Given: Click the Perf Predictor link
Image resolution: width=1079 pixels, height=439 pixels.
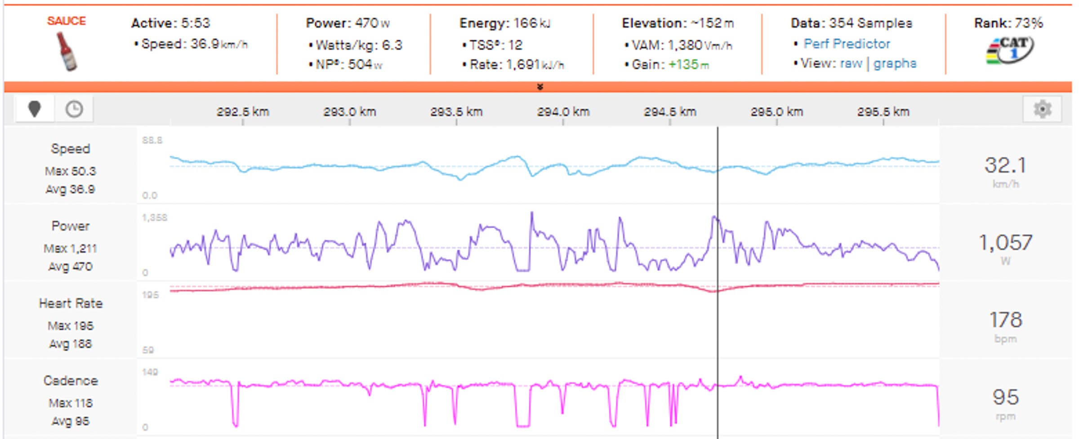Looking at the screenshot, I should [x=847, y=44].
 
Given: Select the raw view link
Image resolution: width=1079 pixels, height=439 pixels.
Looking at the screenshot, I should [x=851, y=64].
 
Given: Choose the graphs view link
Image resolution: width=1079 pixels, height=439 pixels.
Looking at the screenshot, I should [x=895, y=64].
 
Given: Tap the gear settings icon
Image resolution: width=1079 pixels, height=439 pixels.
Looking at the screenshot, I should [x=1042, y=109].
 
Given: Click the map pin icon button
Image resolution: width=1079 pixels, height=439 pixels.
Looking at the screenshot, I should [x=35, y=109].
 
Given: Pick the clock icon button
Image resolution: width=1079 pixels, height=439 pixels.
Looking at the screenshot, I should [x=74, y=109].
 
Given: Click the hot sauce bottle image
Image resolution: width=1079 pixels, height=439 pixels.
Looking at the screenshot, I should [x=67, y=52].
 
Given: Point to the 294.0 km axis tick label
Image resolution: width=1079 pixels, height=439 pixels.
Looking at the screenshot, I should [x=563, y=112].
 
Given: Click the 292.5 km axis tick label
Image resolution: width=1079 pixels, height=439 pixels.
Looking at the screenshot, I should [x=243, y=112].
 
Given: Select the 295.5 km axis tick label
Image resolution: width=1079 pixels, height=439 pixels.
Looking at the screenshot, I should [x=883, y=112].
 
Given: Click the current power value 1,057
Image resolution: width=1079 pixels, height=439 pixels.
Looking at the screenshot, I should [x=1005, y=243].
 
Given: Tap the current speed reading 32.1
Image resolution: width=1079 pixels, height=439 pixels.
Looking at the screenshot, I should [x=1005, y=165].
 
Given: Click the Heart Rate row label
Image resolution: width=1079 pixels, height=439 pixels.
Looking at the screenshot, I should [x=71, y=304].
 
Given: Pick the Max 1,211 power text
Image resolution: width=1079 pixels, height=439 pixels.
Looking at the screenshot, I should [x=70, y=248].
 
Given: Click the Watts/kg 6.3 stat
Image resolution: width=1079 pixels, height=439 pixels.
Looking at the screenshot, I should [x=359, y=45].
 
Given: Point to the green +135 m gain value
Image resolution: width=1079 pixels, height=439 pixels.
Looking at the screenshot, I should [x=688, y=65].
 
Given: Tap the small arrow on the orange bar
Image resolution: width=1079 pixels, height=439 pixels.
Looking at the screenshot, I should [x=540, y=87].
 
